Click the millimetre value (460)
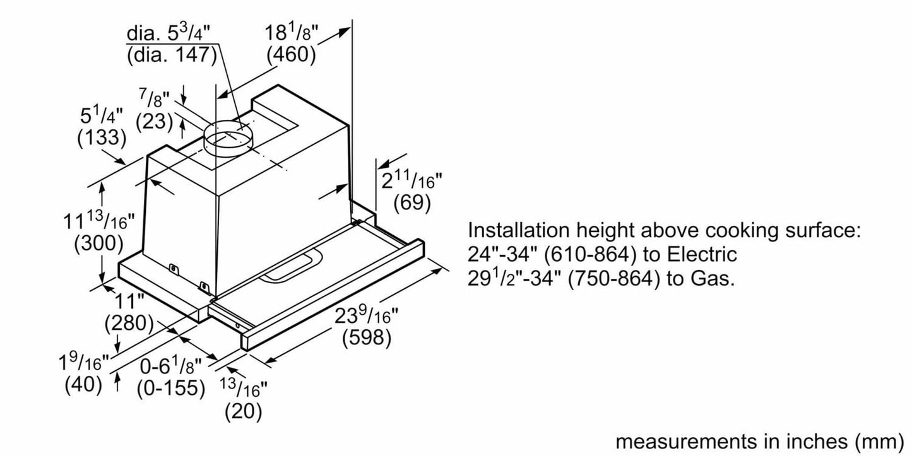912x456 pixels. pyautogui.click(x=291, y=54)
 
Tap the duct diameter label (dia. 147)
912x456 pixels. pyautogui.click(x=172, y=54)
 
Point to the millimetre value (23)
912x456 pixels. pyautogui.click(x=154, y=121)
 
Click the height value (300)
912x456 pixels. pyautogui.click(x=98, y=243)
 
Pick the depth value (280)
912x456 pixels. pyautogui.click(x=129, y=322)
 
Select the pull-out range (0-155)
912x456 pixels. pyautogui.click(x=171, y=388)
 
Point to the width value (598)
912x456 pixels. pyautogui.click(x=367, y=337)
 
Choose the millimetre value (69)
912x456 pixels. pyautogui.click(x=412, y=202)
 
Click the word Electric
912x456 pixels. pyautogui.click(x=702, y=255)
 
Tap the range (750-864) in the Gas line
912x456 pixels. pyautogui.click(x=613, y=279)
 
